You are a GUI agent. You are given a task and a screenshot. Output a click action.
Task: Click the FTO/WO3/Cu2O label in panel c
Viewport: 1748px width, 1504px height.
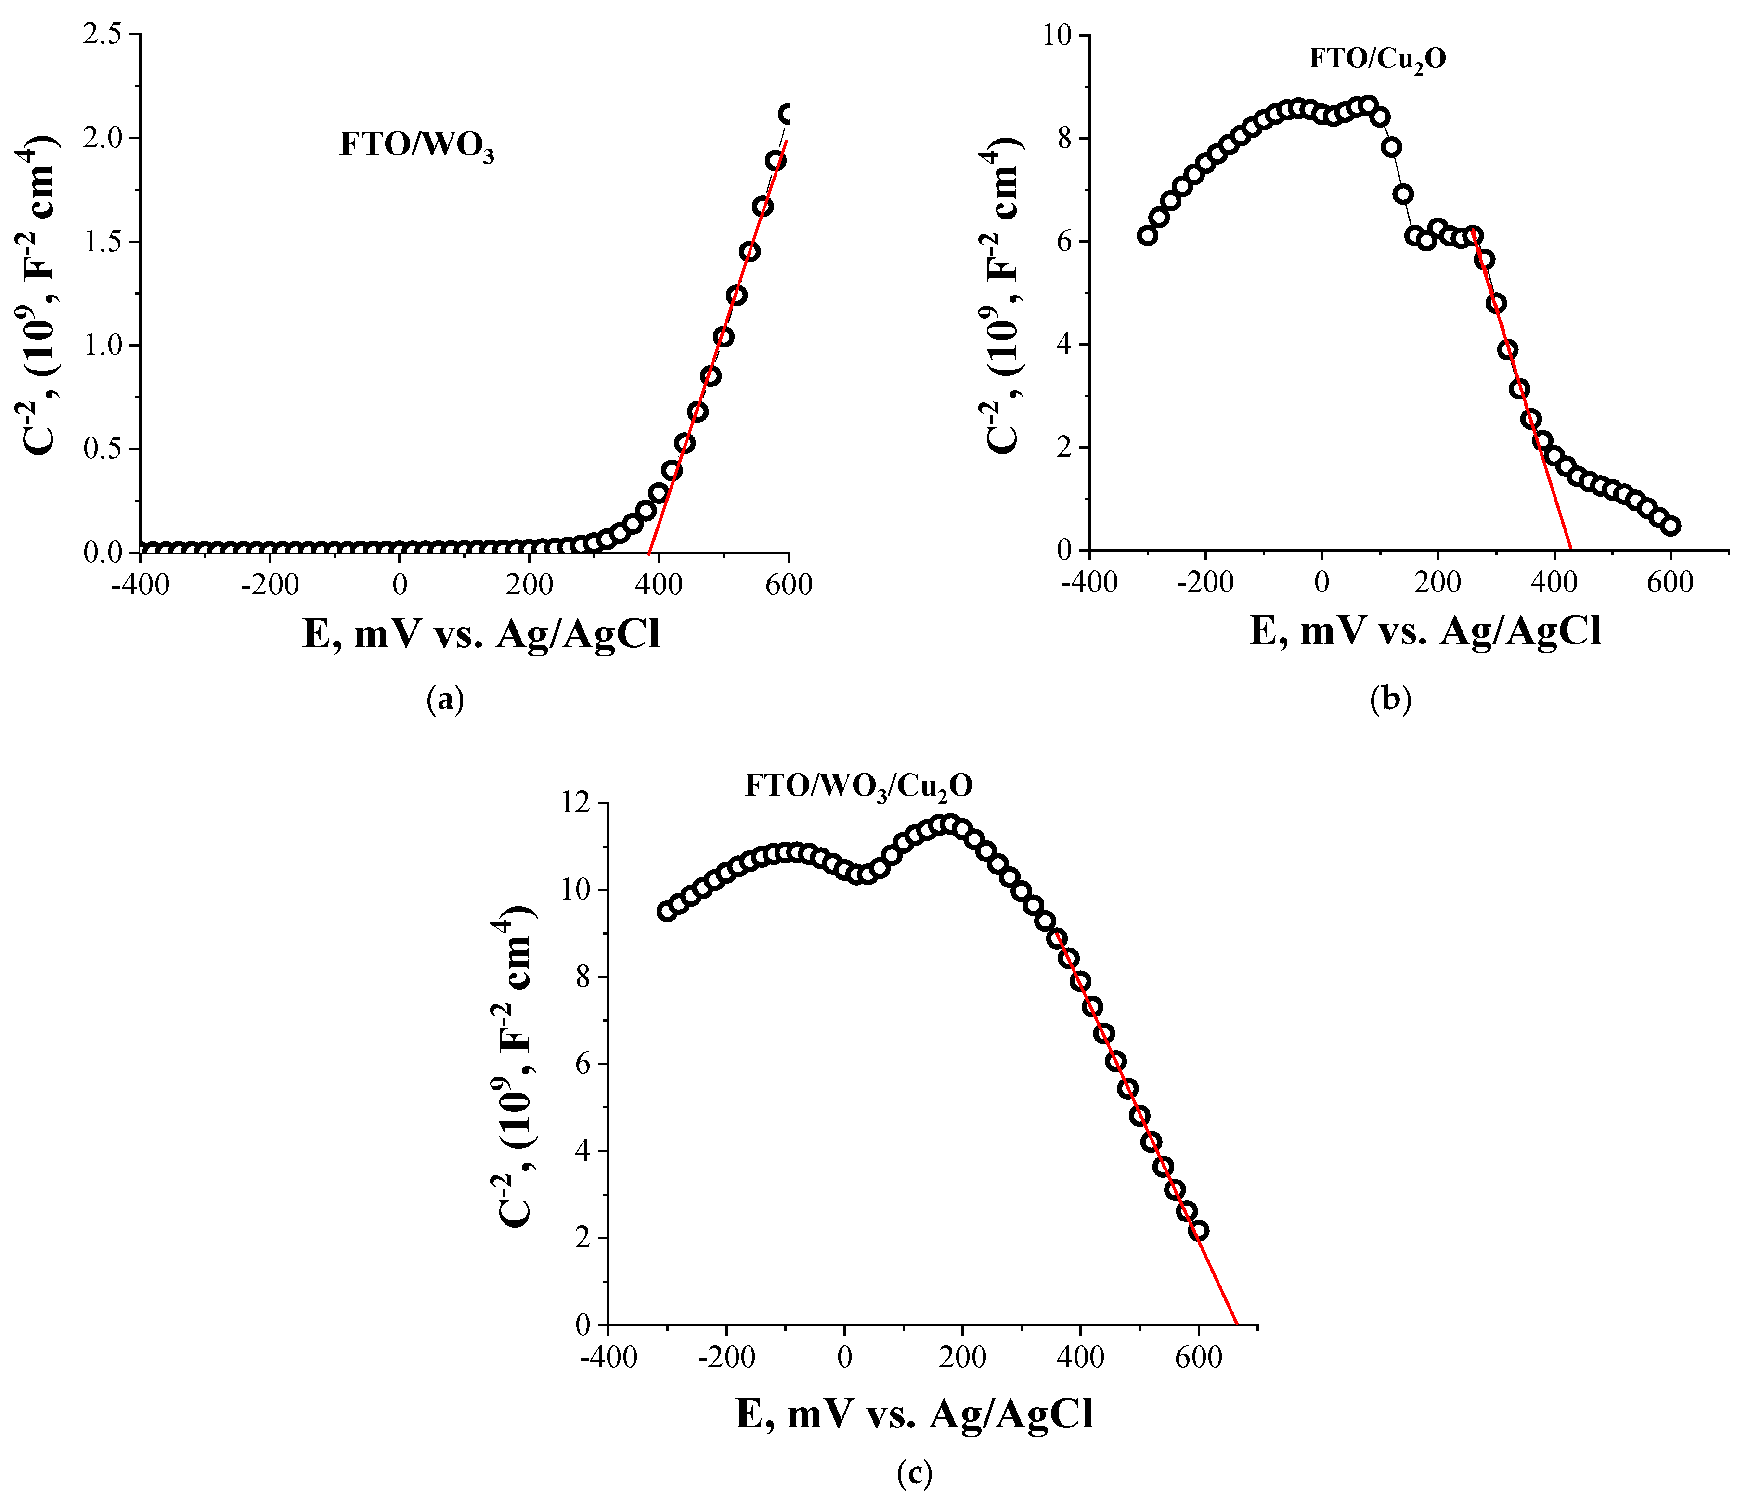[x=858, y=786]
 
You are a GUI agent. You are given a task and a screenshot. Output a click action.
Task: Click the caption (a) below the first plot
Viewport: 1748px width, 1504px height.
[x=445, y=699]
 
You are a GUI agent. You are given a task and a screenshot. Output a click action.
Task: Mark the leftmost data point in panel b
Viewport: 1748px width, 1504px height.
[x=1147, y=235]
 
